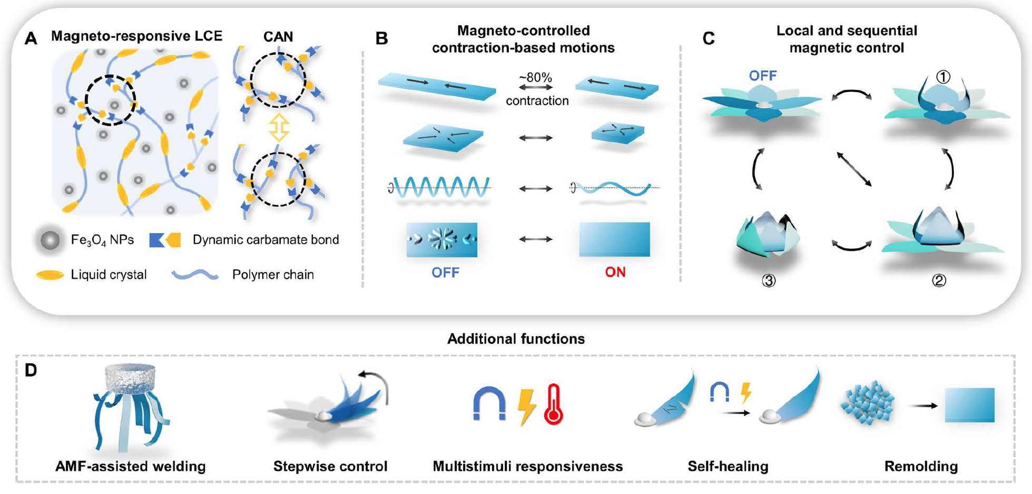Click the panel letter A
(31, 38)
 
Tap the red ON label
(615, 272)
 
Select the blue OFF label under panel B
(445, 272)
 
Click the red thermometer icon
(554, 404)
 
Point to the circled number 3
(769, 281)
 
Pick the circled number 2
(939, 281)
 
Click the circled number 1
(943, 77)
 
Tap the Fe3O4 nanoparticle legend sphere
(50, 240)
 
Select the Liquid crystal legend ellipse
(50, 275)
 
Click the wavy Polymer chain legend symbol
(195, 274)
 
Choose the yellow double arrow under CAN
(279, 127)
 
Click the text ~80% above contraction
(535, 77)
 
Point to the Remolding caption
(921, 467)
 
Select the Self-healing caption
(728, 467)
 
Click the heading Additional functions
(516, 339)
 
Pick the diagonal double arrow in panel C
(853, 169)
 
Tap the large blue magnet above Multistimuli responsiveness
(489, 404)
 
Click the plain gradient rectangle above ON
(614, 240)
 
